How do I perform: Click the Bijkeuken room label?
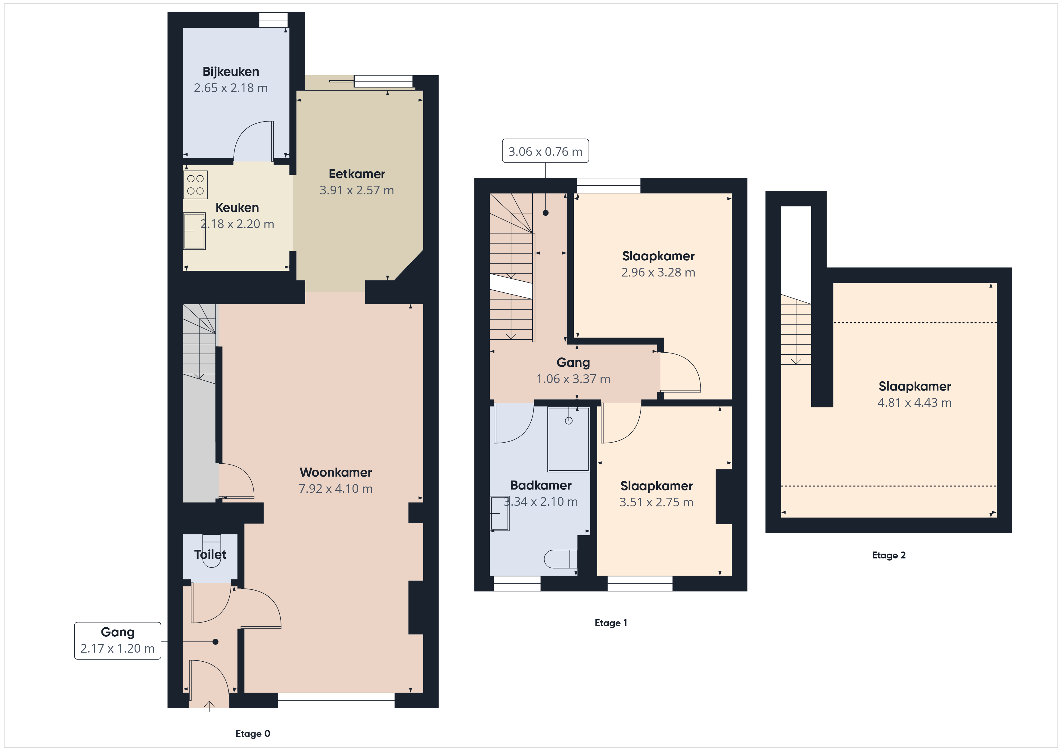231,72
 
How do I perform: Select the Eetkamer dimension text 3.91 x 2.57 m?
357,190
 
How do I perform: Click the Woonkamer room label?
336,472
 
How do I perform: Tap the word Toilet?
210,555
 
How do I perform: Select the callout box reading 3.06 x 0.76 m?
545,151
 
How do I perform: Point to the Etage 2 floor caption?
889,555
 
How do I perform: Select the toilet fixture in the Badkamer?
560,559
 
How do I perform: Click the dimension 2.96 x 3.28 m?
658,272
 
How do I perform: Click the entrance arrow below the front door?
209,706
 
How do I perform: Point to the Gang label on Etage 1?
573,363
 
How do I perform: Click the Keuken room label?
237,208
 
